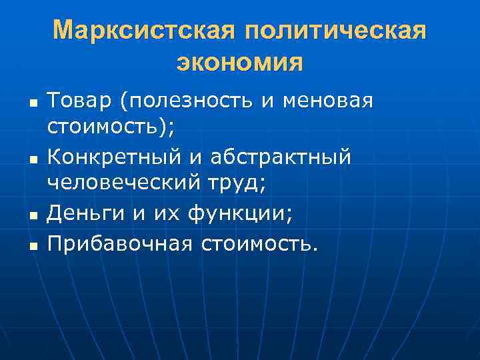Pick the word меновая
click(x=327, y=101)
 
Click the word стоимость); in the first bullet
click(x=109, y=125)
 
